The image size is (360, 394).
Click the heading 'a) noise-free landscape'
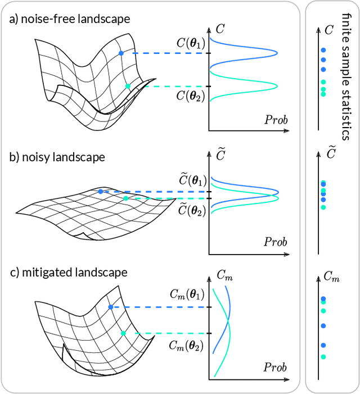pyautogui.click(x=69, y=19)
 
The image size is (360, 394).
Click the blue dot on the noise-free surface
pyautogui.click(x=120, y=53)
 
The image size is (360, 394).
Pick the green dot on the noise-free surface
pyautogui.click(x=128, y=86)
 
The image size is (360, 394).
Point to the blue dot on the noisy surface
pyautogui.click(x=101, y=192)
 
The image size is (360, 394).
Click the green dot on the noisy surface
pyautogui.click(x=125, y=198)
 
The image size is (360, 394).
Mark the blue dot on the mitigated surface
pyautogui.click(x=111, y=307)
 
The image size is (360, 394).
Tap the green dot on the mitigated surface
pyautogui.click(x=123, y=333)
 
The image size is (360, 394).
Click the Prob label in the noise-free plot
pyautogui.click(x=276, y=120)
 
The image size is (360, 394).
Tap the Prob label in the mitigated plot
pyautogui.click(x=276, y=368)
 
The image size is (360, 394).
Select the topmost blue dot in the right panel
pyautogui.click(x=323, y=50)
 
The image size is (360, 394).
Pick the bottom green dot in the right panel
pyautogui.click(x=323, y=357)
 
